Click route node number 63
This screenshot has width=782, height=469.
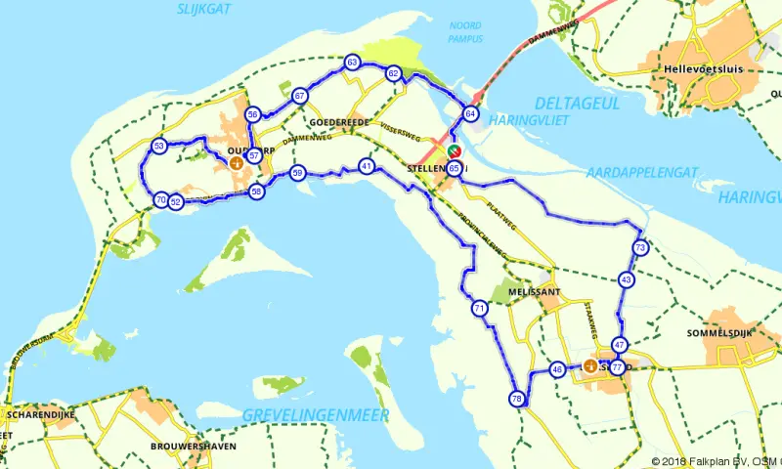pos(353,64)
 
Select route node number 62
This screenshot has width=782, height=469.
pos(393,73)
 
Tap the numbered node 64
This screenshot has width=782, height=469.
pos(471,114)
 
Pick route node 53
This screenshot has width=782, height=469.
pos(159,147)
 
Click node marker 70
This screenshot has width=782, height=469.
pos(160,200)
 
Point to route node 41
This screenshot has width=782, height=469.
pos(367,166)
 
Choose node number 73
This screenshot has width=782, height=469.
pos(640,248)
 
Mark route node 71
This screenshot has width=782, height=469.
pos(479,309)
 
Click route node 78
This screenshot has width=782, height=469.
pos(517,399)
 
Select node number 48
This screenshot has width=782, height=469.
pos(557,369)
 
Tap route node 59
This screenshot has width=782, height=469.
pos(298,173)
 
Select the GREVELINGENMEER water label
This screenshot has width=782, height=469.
pos(316,415)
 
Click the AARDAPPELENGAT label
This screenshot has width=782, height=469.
pos(641,172)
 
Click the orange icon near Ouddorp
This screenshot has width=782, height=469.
pos(236,164)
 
